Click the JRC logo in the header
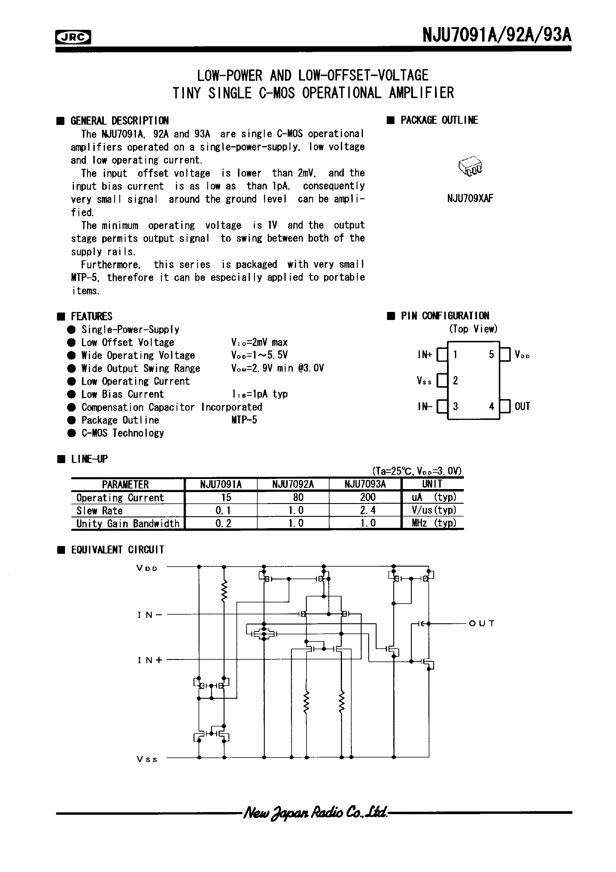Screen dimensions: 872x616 click(x=73, y=37)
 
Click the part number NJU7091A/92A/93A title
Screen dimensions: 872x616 click(x=497, y=35)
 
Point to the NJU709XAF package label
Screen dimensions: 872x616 click(x=470, y=199)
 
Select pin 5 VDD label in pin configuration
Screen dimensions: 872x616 click(x=522, y=355)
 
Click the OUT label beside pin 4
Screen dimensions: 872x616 click(x=522, y=406)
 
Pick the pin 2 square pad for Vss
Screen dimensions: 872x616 click(x=442, y=381)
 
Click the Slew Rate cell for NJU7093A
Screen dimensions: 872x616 click(x=367, y=510)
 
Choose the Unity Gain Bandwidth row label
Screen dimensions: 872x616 click(x=128, y=524)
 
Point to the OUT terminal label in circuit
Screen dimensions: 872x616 click(x=482, y=624)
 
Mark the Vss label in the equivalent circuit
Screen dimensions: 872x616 click(x=147, y=759)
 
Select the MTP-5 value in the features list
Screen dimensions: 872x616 click(x=244, y=420)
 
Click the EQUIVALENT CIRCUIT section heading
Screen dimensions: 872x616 click(x=118, y=550)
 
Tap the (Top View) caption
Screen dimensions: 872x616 click(x=473, y=329)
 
